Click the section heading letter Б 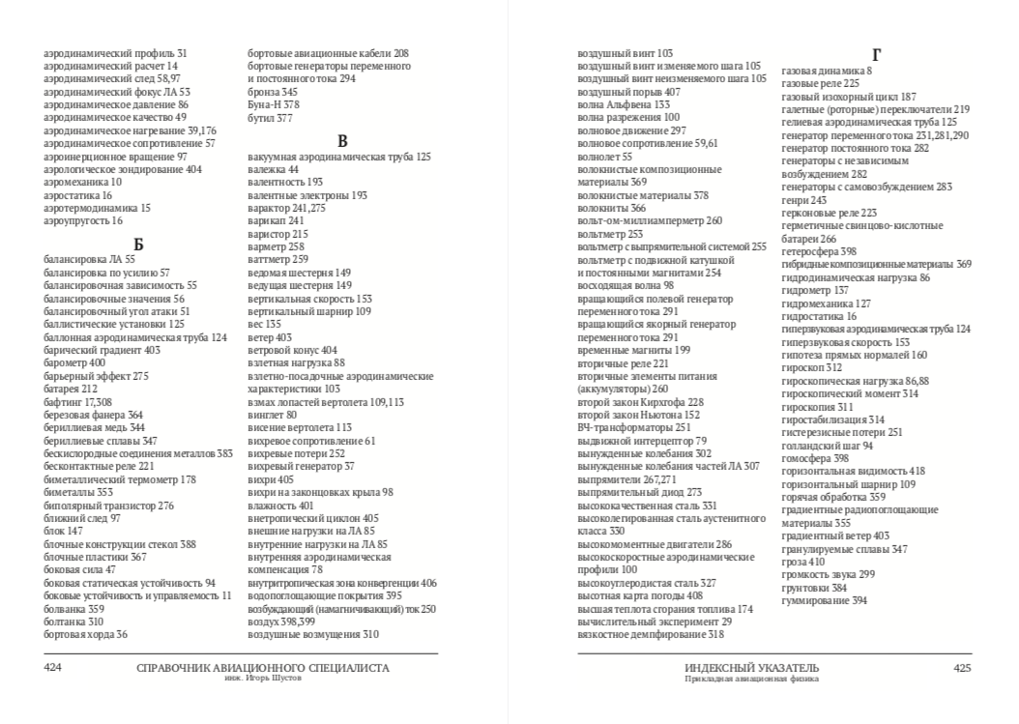point(138,244)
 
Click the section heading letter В point(342,141)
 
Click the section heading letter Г point(876,55)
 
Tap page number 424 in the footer point(53,667)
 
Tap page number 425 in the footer point(962,667)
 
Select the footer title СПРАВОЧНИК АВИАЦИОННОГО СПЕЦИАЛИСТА point(263,667)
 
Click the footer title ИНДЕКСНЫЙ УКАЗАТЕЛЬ point(751,667)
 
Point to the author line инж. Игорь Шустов point(263,679)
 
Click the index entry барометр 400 point(74,362)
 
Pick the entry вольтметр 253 point(610,234)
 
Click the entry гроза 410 point(802,562)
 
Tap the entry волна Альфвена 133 point(623,104)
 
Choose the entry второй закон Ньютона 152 point(638,415)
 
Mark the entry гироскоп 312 point(811,367)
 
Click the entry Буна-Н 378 point(274,104)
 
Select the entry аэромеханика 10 point(83,182)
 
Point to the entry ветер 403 point(270,338)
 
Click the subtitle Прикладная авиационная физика point(751,679)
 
